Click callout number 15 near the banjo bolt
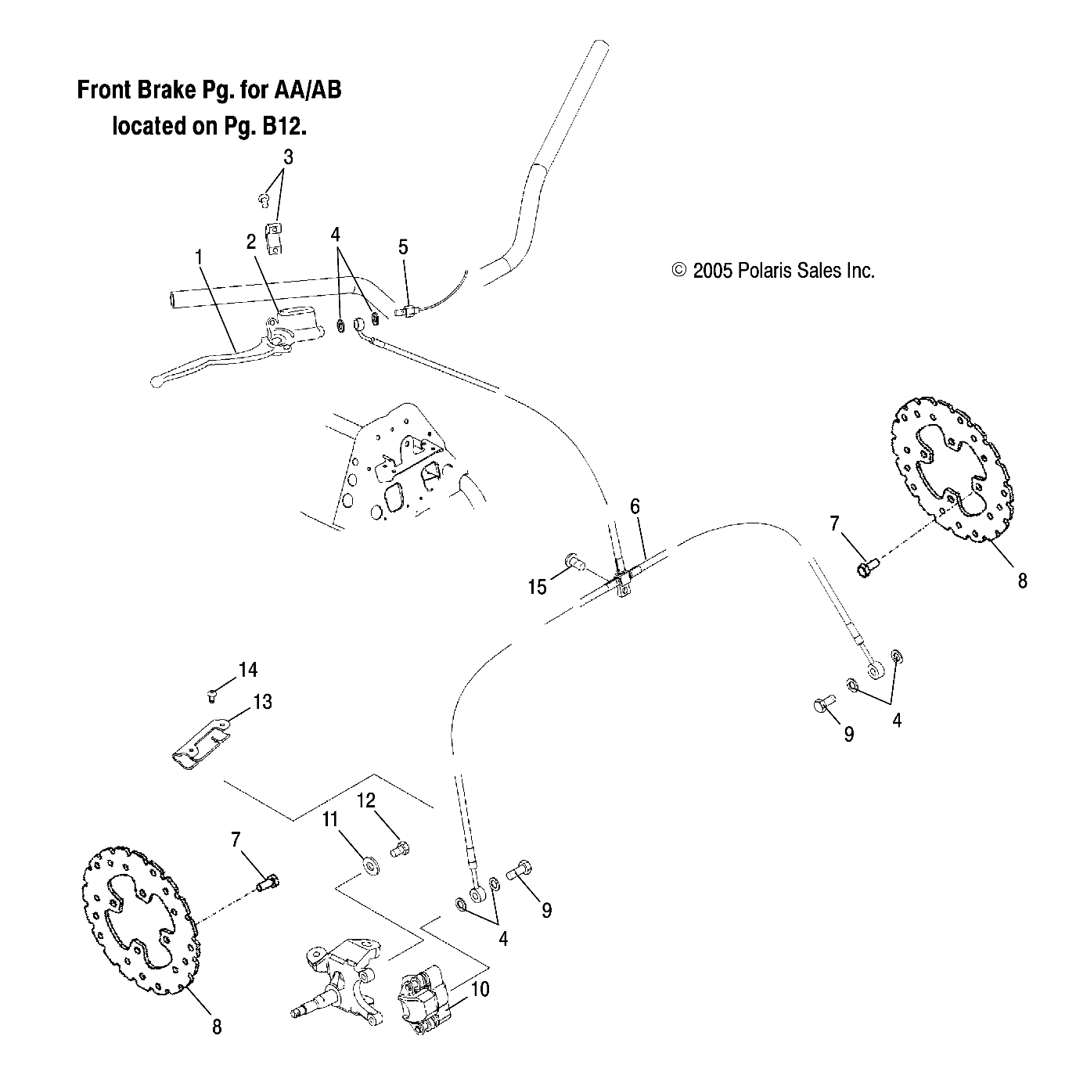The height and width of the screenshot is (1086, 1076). (537, 587)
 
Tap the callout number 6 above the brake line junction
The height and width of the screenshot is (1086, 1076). (635, 506)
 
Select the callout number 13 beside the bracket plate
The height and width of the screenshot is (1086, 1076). (263, 702)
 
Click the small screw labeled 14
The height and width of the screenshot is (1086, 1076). (211, 693)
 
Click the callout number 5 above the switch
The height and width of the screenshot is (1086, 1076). (403, 248)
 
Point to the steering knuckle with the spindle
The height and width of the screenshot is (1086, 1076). (344, 980)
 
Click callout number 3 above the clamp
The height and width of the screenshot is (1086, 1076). (288, 156)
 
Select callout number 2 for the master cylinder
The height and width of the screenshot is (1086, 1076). (250, 241)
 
